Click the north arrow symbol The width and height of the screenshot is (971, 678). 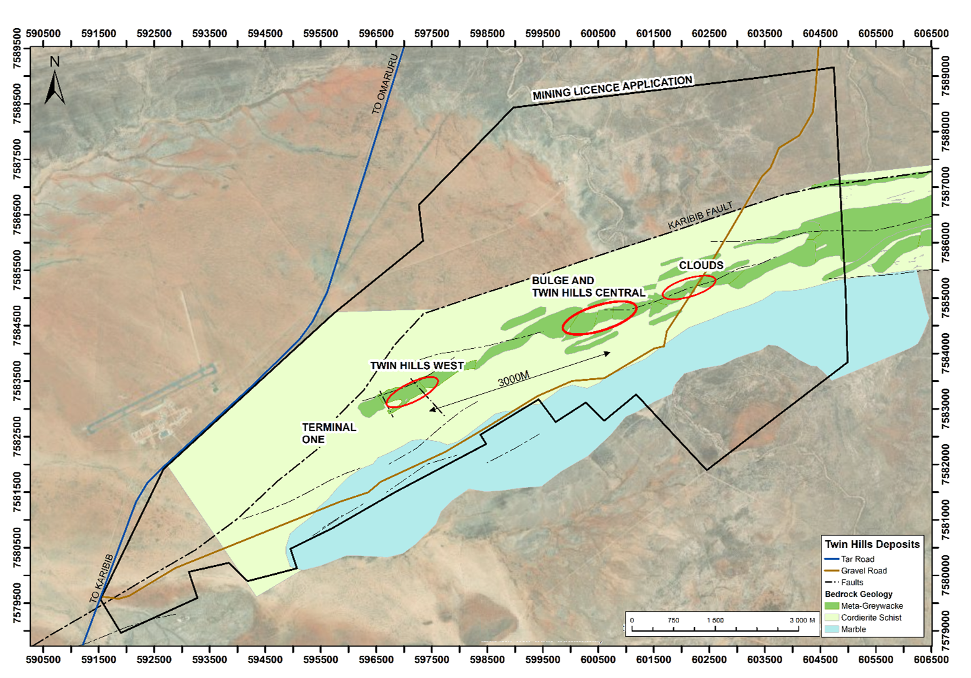point(55,82)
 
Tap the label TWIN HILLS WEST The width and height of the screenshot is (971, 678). point(417,366)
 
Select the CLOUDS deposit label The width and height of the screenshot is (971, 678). point(701,265)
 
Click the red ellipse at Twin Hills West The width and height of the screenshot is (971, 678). point(411,392)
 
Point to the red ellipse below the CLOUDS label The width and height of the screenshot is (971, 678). point(689,287)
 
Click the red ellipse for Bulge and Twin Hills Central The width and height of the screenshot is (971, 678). point(599,318)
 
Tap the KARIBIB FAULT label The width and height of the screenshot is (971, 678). point(700,216)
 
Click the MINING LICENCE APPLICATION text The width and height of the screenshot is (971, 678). point(612,88)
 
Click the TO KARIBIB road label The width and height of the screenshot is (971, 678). point(101,579)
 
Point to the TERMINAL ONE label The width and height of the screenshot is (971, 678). point(328,433)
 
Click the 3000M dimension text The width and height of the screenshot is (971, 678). point(513,379)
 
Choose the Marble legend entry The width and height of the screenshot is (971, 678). point(853,629)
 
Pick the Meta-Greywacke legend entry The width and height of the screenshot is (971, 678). point(871,605)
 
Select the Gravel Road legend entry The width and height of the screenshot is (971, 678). point(863,570)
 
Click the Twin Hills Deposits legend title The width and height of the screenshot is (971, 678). point(872,544)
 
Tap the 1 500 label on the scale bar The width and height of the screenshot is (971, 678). point(715,620)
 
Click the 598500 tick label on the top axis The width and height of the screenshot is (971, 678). point(487,33)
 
